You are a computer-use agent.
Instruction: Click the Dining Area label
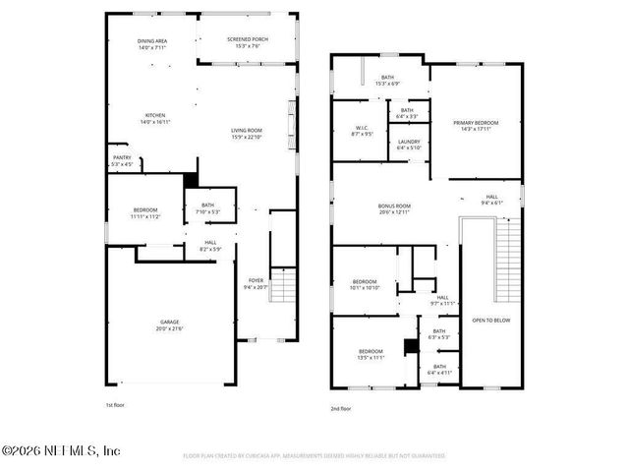(152, 42)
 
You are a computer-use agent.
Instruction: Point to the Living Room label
(246, 133)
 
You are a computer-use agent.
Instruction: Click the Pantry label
(122, 160)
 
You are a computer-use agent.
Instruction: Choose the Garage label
(170, 324)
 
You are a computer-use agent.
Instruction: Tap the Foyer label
(256, 284)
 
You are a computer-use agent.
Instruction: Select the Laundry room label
(409, 145)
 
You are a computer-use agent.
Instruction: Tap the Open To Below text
(490, 321)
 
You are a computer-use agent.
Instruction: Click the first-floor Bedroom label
(144, 212)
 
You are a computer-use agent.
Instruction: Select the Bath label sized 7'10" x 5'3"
(207, 208)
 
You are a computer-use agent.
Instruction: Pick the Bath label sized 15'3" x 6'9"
(387, 80)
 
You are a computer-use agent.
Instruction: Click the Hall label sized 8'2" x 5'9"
(210, 246)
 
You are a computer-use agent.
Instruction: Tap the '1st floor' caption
(116, 404)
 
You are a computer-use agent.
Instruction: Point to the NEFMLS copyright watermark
(61, 451)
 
